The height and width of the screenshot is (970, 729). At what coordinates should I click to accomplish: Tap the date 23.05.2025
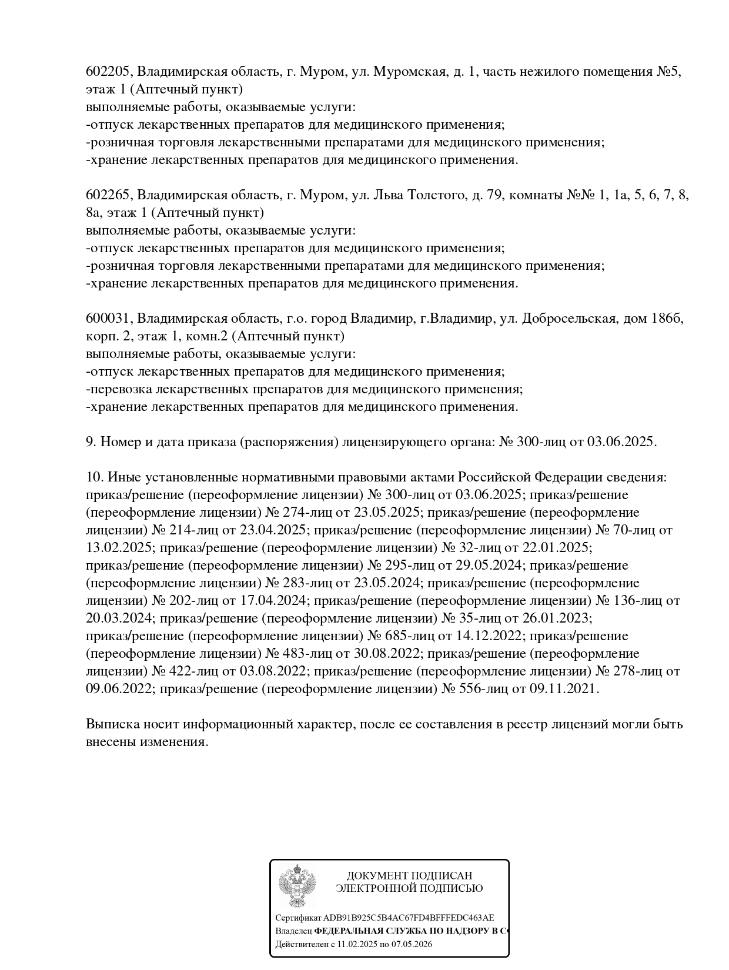click(390, 513)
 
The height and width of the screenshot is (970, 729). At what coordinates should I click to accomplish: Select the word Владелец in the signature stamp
click(293, 931)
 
